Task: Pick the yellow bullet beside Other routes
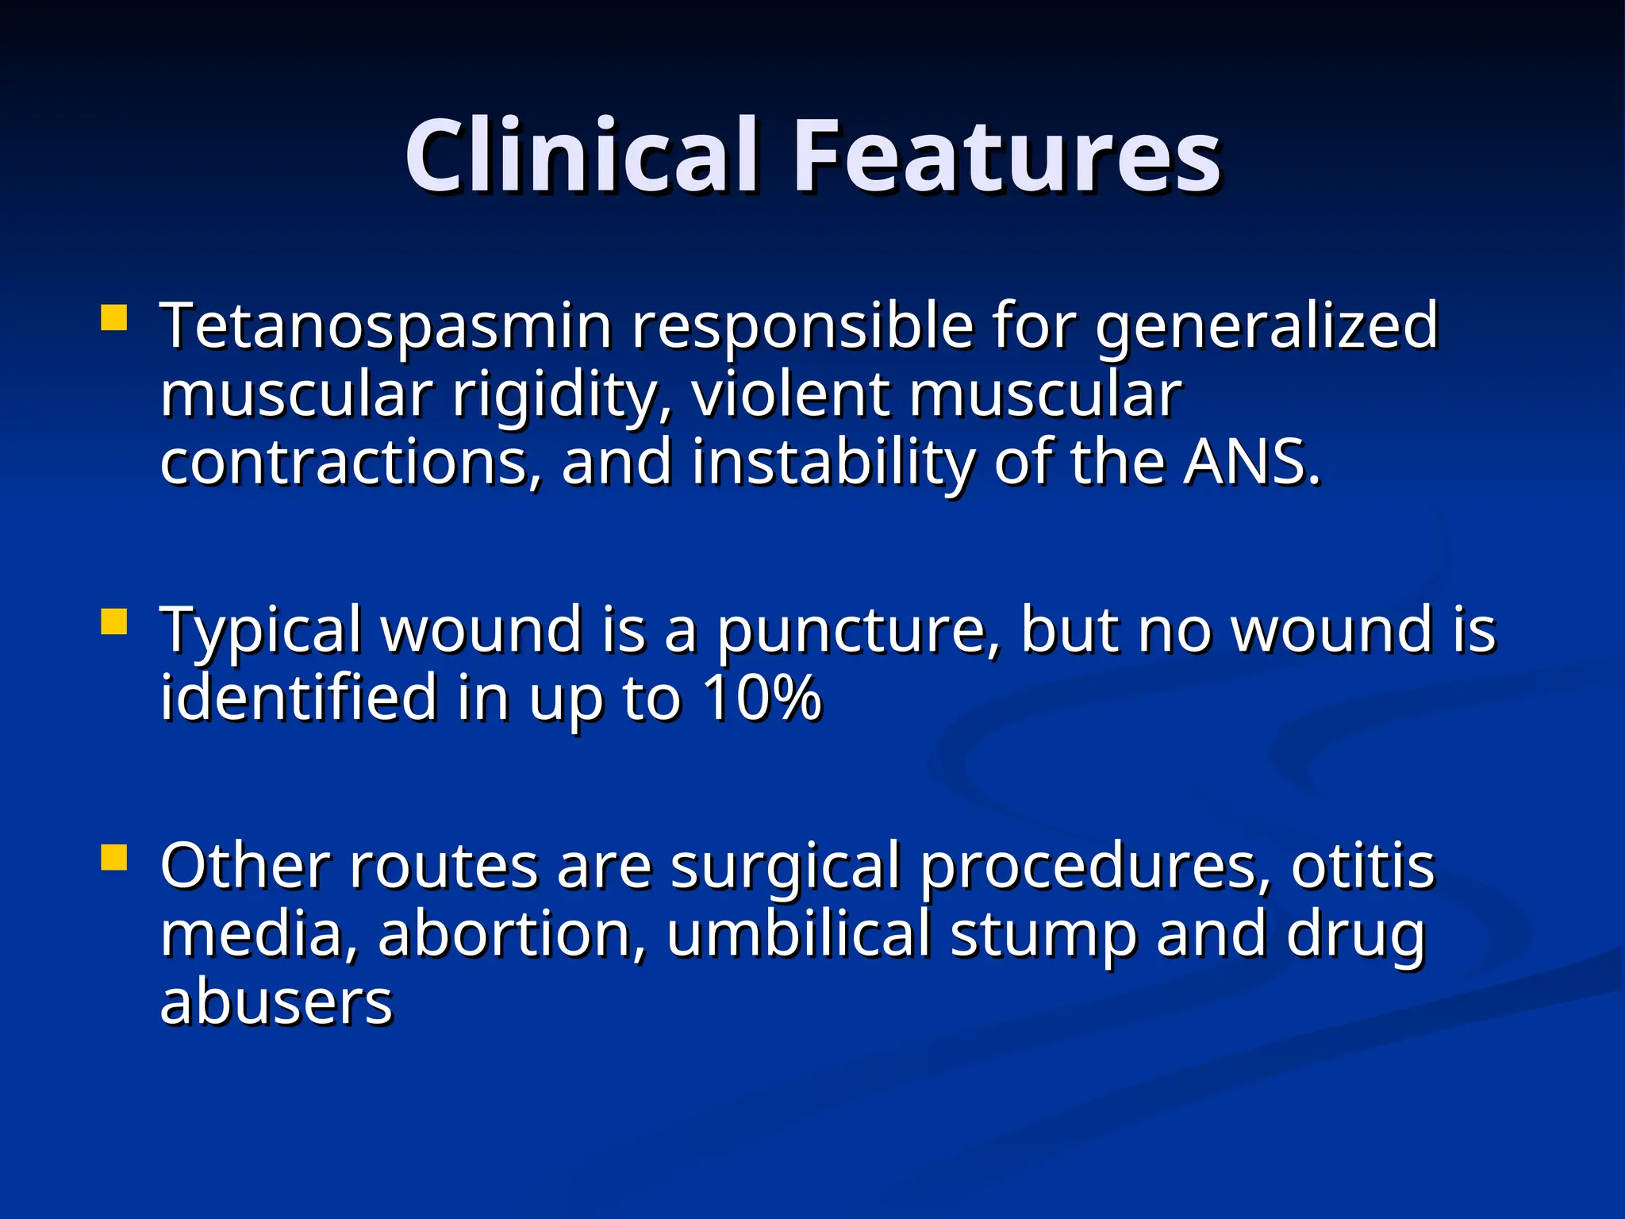(x=115, y=857)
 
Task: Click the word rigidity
(x=561, y=394)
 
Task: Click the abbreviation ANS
(x=1251, y=463)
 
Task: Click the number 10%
(x=762, y=698)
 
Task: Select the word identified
(x=298, y=698)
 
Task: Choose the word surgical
(x=786, y=867)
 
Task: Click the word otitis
(x=1362, y=867)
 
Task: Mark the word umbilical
(x=797, y=934)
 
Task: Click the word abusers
(x=276, y=1002)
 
